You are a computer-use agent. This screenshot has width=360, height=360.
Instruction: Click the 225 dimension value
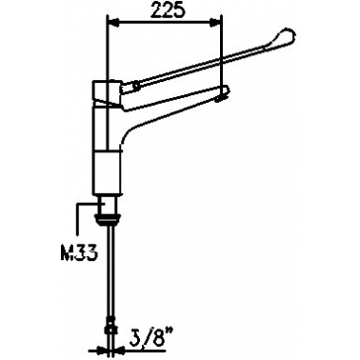coord(168,10)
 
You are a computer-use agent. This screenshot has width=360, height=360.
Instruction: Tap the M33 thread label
coord(79,253)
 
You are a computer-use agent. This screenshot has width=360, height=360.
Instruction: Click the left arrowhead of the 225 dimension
coord(113,22)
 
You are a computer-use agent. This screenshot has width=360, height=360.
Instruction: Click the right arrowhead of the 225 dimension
coord(216,22)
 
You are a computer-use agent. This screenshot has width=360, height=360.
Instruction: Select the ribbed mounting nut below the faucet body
coord(109,219)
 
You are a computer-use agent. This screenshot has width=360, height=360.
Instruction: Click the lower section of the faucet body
coord(107,173)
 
